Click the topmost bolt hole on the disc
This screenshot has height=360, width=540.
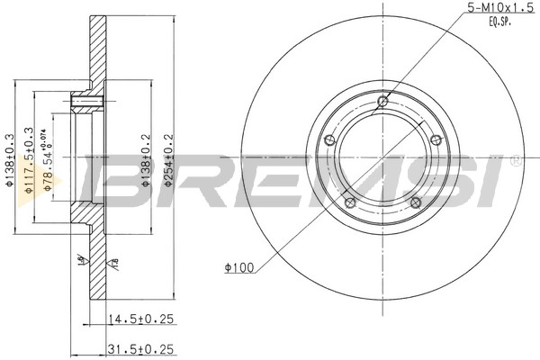pyautogui.click(x=384, y=101)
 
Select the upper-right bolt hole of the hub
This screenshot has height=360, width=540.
pyautogui.click(x=436, y=139)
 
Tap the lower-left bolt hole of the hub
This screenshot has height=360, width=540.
pyautogui.click(x=350, y=202)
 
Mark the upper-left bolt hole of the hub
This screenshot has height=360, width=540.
pyautogui.click(x=329, y=139)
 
